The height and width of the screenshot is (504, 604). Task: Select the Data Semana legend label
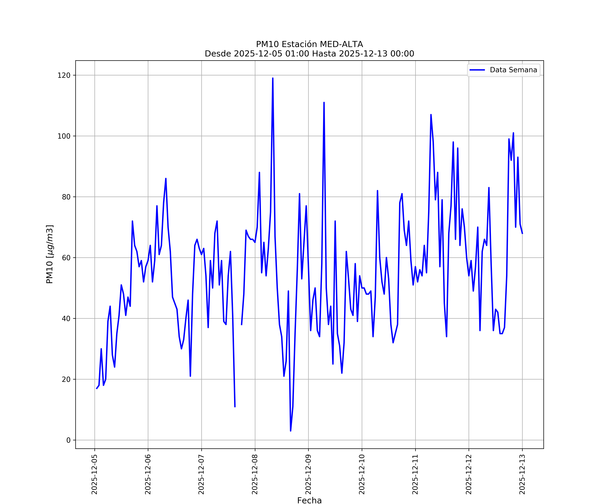pos(513,70)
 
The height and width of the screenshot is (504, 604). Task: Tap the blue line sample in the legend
pos(477,70)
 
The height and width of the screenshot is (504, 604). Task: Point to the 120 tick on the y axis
pos(64,75)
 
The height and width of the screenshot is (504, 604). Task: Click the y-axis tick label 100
pos(64,136)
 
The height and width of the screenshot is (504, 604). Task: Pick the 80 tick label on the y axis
pos(66,197)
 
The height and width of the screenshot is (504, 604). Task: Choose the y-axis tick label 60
pos(66,258)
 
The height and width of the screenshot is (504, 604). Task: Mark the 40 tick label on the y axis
pos(66,319)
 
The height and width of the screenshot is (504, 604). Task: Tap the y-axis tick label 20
pos(66,379)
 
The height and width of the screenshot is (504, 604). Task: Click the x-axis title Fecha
pos(309,500)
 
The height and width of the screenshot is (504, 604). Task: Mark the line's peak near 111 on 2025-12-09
pos(324,103)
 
